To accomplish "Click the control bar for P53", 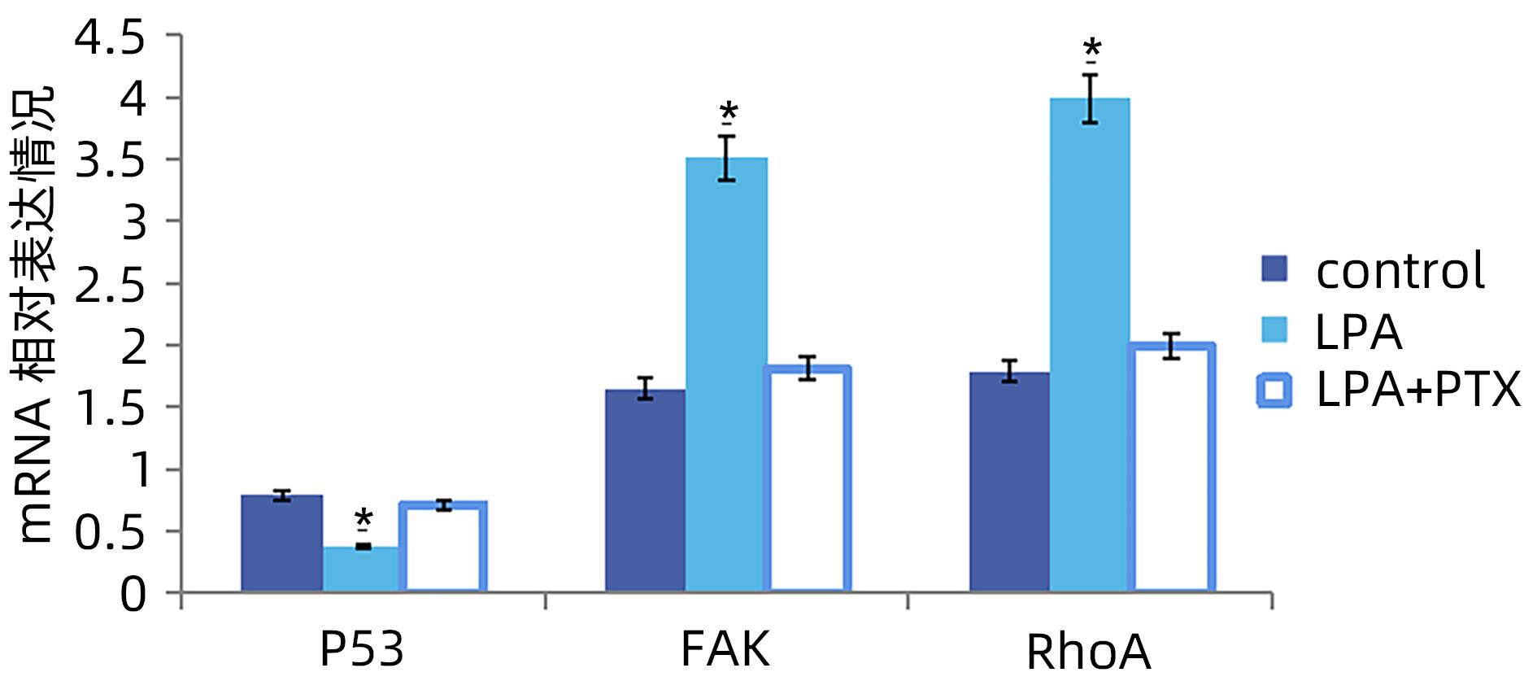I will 281,543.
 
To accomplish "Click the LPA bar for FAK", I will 726,374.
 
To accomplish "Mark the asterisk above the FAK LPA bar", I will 728,111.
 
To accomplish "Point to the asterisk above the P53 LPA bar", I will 364,518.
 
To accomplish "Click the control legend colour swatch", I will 1274,269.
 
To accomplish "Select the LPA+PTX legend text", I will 1417,391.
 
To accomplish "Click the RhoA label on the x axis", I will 1088,653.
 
